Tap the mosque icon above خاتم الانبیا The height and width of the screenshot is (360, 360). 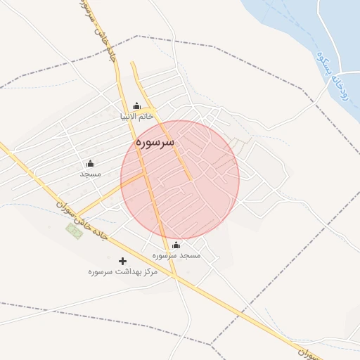(136, 106)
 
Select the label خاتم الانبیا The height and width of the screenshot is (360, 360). (136, 117)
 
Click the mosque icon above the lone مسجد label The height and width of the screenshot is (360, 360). (90, 163)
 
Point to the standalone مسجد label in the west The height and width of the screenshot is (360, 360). (90, 174)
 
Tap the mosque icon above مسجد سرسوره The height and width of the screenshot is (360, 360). (176, 245)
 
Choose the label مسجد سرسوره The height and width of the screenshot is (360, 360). (176, 256)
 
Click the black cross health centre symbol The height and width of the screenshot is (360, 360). (123, 261)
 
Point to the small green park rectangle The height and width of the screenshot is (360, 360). (74, 229)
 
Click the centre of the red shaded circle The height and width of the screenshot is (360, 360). (180, 180)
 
